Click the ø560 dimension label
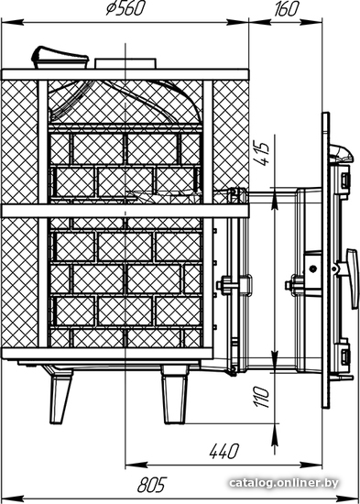(x=124, y=8)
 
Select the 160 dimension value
(x=286, y=8)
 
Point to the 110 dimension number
(x=262, y=397)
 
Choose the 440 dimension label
(x=224, y=451)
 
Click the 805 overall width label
(x=152, y=485)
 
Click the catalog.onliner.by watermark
(x=284, y=482)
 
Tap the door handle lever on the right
(x=353, y=279)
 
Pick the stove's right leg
(x=174, y=395)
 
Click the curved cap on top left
(x=60, y=58)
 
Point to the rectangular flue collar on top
(x=125, y=63)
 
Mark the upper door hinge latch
(x=344, y=181)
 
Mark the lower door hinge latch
(x=344, y=356)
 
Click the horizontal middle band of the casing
(x=125, y=211)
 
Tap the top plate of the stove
(x=125, y=74)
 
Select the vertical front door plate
(x=325, y=260)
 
